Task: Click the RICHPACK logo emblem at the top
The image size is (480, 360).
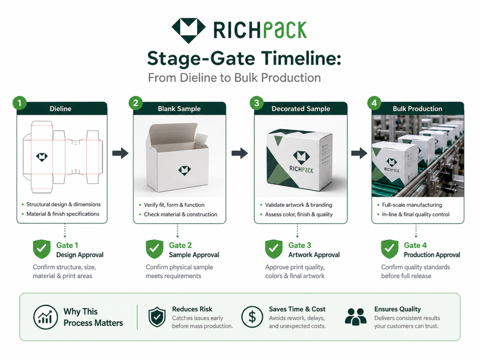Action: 188,30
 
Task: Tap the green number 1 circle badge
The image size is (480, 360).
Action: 20,103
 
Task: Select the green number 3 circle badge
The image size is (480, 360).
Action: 256,103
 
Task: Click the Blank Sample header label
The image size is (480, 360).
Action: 180,109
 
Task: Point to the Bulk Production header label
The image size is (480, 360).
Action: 418,109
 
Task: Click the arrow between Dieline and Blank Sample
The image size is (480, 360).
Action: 120,153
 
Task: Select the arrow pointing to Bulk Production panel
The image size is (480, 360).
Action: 359,153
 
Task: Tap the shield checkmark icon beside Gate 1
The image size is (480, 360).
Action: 42,249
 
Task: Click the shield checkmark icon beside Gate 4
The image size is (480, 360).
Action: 390,249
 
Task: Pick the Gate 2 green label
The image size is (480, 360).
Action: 180,245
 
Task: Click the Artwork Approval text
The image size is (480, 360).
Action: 314,255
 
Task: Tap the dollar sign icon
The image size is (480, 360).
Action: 252,317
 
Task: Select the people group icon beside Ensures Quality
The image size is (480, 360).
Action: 356,316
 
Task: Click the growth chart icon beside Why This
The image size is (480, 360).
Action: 45,317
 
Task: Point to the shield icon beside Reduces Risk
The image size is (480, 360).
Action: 157,317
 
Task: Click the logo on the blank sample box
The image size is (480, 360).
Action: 185,170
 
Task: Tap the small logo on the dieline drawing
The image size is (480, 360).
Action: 42,157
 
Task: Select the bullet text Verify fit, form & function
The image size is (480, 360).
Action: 174,205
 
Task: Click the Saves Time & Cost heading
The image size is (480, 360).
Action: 297,309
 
